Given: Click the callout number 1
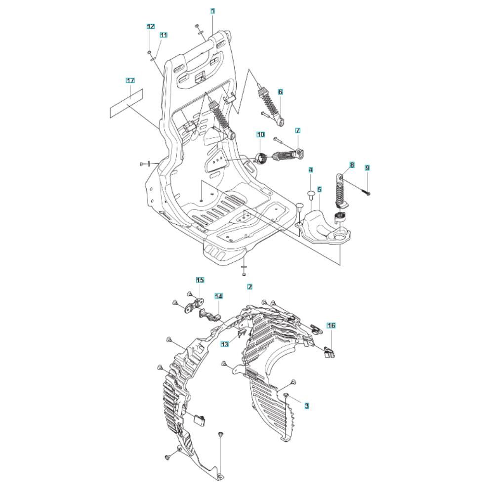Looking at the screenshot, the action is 212,11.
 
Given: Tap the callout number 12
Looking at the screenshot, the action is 151,26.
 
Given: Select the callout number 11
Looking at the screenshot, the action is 163,35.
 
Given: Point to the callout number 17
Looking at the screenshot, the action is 130,81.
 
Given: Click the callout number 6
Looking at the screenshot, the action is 281,92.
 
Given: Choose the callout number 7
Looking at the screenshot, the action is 298,130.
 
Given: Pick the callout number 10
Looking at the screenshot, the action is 260,135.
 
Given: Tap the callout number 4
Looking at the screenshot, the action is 311,170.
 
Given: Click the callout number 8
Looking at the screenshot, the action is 352,165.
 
